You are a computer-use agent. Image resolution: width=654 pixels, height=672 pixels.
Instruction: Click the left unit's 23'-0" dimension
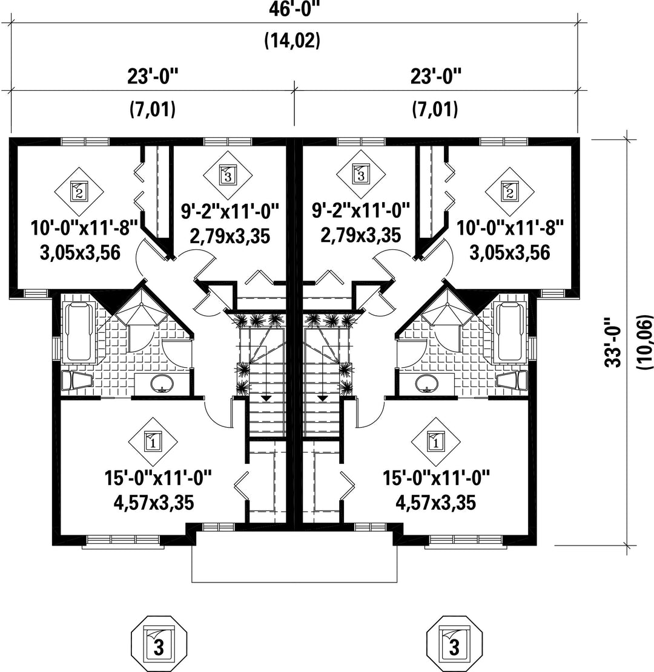pyautogui.click(x=153, y=77)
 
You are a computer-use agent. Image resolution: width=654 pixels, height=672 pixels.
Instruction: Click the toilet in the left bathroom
pyautogui.click(x=77, y=380)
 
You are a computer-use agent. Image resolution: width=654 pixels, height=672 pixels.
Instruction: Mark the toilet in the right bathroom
pyautogui.click(x=512, y=380)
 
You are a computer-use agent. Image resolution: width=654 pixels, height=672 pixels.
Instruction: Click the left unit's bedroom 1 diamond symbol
pyautogui.click(x=153, y=442)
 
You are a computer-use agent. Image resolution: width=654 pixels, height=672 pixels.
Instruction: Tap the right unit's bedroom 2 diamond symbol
pyautogui.click(x=509, y=192)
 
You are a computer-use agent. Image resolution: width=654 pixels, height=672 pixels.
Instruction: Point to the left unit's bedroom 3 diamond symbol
pyautogui.click(x=228, y=175)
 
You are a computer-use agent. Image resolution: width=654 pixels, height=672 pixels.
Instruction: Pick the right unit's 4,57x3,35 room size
pyautogui.click(x=435, y=503)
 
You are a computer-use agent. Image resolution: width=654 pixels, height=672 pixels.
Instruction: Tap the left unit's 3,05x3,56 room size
pyautogui.click(x=81, y=252)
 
